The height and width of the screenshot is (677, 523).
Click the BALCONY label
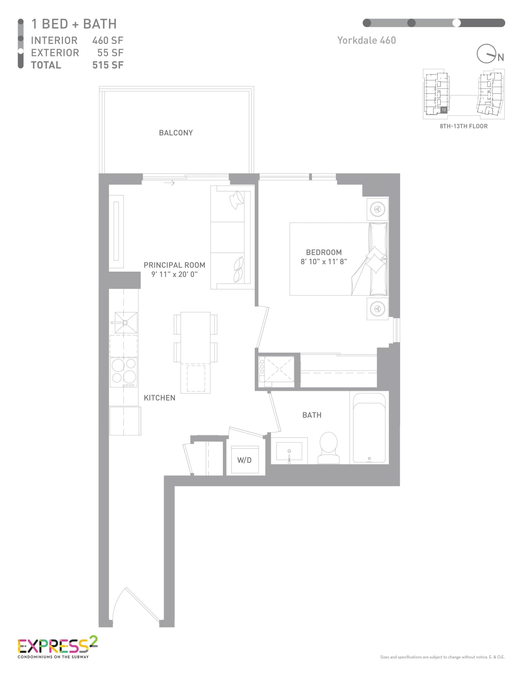(176, 133)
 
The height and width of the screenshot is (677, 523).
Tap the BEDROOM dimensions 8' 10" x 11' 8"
(324, 262)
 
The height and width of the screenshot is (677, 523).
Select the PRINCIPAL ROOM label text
(174, 265)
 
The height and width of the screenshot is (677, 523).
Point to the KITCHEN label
(159, 398)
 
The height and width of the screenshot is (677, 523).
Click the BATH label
(311, 415)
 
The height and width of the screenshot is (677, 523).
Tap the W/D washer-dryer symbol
(245, 460)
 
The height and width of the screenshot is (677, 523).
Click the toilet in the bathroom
(329, 448)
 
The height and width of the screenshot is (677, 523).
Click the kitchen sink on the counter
(126, 323)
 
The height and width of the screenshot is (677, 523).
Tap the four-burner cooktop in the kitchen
(124, 372)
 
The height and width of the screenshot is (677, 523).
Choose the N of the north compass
(501, 58)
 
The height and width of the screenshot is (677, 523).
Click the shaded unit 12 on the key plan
(444, 110)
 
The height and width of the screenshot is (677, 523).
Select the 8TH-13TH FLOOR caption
(464, 126)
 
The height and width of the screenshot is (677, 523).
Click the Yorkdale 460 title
(366, 40)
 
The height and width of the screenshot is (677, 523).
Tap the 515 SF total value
(108, 65)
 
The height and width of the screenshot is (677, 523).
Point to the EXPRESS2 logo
(57, 647)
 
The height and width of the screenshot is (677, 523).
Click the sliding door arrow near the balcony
(169, 183)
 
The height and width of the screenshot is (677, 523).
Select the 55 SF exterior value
(110, 53)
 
